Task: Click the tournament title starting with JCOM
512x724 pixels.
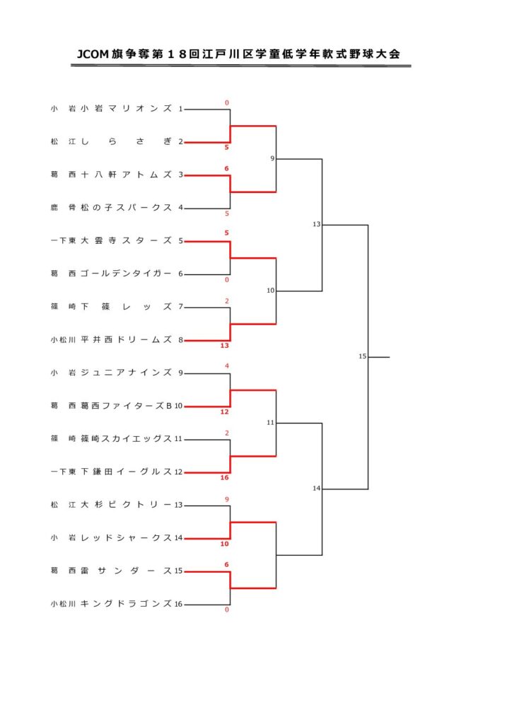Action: tap(238, 54)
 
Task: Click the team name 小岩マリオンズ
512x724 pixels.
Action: tap(126, 108)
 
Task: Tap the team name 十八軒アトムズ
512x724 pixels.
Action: tap(126, 175)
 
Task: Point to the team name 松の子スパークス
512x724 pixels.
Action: tap(126, 208)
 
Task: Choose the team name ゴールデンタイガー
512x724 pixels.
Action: tap(126, 274)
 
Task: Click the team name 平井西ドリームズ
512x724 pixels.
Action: tap(126, 340)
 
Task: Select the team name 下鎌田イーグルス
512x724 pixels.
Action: tap(126, 472)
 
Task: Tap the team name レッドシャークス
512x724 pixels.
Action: tap(126, 538)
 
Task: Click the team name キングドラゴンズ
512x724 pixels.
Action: tap(126, 604)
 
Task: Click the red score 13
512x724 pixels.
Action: tap(224, 346)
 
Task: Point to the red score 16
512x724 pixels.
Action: tap(224, 478)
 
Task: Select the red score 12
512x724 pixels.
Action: tap(224, 412)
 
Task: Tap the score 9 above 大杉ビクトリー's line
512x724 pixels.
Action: tap(227, 500)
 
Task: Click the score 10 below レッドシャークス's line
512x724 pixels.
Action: tap(224, 544)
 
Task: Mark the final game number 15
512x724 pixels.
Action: tap(362, 356)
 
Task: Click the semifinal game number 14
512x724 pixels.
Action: tap(316, 489)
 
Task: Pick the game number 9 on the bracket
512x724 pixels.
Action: tap(272, 159)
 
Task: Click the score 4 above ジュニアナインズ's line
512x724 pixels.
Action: tap(227, 366)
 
